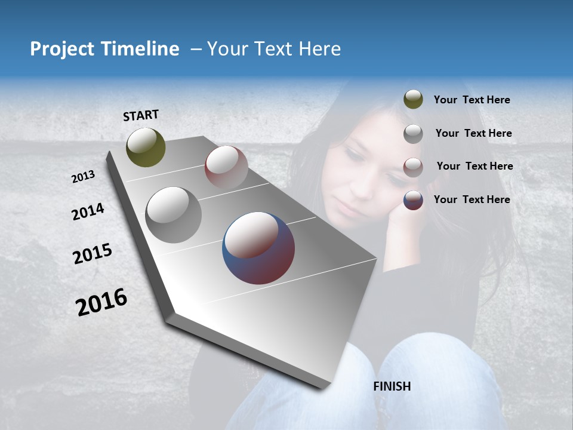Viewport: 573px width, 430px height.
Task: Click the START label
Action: [x=141, y=115]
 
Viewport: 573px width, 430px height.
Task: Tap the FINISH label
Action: [x=392, y=386]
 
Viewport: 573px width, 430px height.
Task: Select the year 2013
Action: [x=84, y=176]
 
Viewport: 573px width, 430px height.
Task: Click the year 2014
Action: [x=88, y=212]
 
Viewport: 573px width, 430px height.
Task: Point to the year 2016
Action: [x=101, y=302]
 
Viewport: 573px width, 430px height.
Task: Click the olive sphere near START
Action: [x=146, y=147]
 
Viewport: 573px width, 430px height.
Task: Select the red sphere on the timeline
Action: [x=226, y=167]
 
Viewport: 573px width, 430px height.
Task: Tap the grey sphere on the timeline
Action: [x=173, y=215]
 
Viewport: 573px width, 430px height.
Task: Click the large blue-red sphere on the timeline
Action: [x=258, y=248]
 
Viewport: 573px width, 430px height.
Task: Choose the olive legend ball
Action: [x=413, y=99]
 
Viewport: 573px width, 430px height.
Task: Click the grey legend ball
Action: [x=413, y=133]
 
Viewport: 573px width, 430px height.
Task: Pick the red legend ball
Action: [x=413, y=167]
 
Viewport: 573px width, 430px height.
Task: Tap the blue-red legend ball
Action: [x=413, y=200]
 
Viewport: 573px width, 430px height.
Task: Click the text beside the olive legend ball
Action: [x=472, y=100]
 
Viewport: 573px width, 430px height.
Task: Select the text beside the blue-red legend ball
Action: [x=472, y=199]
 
